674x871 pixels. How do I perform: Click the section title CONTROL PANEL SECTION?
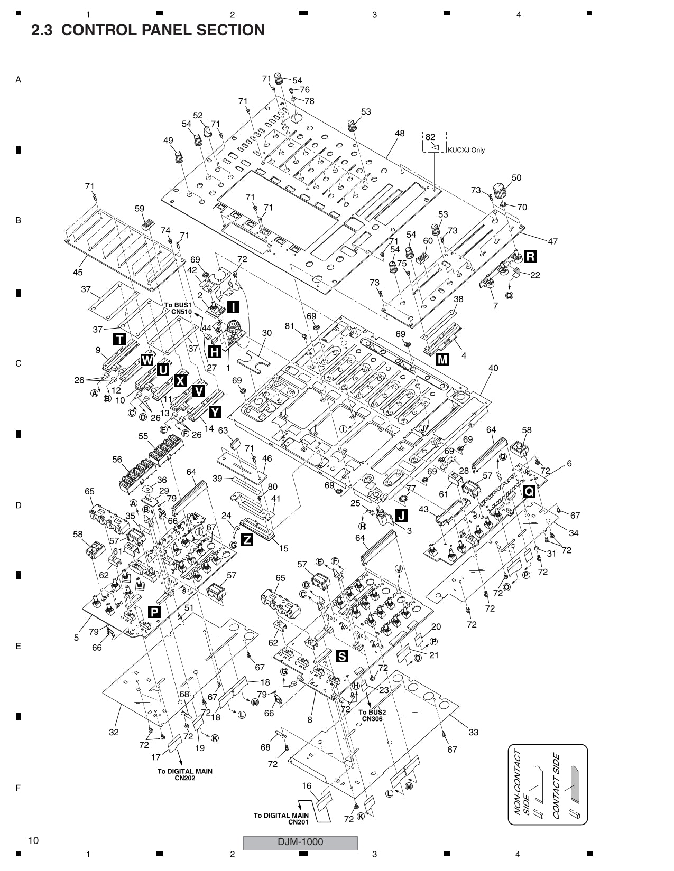click(148, 30)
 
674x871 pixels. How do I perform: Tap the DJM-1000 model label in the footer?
click(300, 842)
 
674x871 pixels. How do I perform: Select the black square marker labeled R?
click(530, 257)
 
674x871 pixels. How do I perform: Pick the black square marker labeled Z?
click(246, 539)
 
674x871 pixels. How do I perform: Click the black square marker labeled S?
click(342, 656)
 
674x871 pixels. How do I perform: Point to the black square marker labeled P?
click(154, 612)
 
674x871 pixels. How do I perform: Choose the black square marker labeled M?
click(442, 359)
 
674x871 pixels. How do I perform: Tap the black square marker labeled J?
click(401, 515)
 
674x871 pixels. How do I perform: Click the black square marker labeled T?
click(120, 340)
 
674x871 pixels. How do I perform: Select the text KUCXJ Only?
click(466, 150)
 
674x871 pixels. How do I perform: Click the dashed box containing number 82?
click(435, 142)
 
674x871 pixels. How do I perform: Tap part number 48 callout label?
click(399, 134)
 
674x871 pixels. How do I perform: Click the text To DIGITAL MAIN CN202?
click(184, 774)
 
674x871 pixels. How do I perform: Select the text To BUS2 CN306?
click(372, 715)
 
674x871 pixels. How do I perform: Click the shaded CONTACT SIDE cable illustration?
click(574, 787)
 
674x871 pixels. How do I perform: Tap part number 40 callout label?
click(493, 368)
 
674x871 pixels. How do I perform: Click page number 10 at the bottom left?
click(33, 840)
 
